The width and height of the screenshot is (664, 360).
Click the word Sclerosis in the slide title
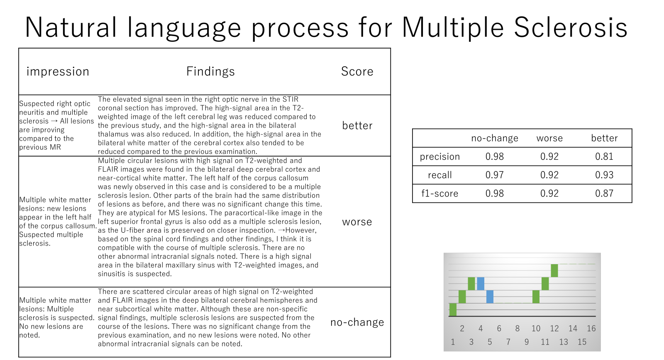(571, 27)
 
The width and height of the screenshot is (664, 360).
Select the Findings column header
(210, 72)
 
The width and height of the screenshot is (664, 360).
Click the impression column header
(58, 72)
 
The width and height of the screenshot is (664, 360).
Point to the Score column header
(357, 71)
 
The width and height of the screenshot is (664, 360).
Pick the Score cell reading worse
(357, 222)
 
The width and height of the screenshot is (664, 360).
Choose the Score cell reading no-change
(357, 322)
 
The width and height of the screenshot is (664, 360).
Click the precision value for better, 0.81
(604, 156)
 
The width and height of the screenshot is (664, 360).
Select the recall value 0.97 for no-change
(494, 175)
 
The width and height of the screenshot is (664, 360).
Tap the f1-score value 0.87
(604, 193)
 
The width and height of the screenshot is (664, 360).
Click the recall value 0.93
(604, 175)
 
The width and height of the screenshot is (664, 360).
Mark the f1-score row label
(439, 194)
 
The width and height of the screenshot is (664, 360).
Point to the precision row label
(439, 157)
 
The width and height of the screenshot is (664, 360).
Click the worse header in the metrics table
(549, 138)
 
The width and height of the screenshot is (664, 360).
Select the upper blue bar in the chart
(481, 284)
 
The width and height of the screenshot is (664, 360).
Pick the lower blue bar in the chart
(490, 297)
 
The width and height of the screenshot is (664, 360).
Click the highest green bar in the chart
(554, 270)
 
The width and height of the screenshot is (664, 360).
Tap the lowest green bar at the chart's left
(453, 310)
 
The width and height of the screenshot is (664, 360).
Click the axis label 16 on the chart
(591, 328)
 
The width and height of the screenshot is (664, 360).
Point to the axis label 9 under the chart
(527, 342)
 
